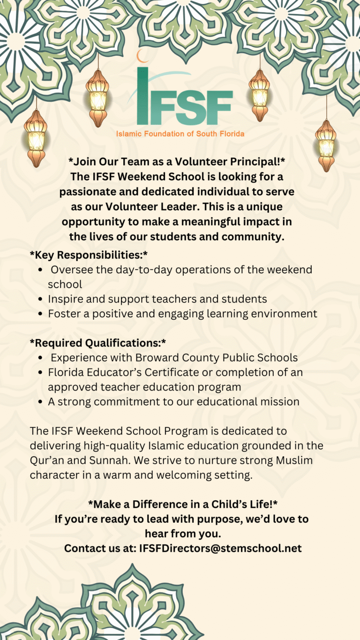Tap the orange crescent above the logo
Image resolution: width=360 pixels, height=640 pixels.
coord(142,56)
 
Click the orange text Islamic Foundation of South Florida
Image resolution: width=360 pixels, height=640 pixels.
coord(180,134)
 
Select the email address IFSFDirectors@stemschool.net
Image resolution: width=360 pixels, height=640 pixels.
coord(220,548)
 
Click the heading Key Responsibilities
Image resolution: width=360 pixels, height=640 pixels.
coord(89,255)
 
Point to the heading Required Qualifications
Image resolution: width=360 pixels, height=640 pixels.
coord(97,343)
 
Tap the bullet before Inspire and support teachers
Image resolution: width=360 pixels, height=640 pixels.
coord(41,299)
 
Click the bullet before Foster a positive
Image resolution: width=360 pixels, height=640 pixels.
coord(41,314)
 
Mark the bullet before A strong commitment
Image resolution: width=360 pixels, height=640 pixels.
coord(41,402)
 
